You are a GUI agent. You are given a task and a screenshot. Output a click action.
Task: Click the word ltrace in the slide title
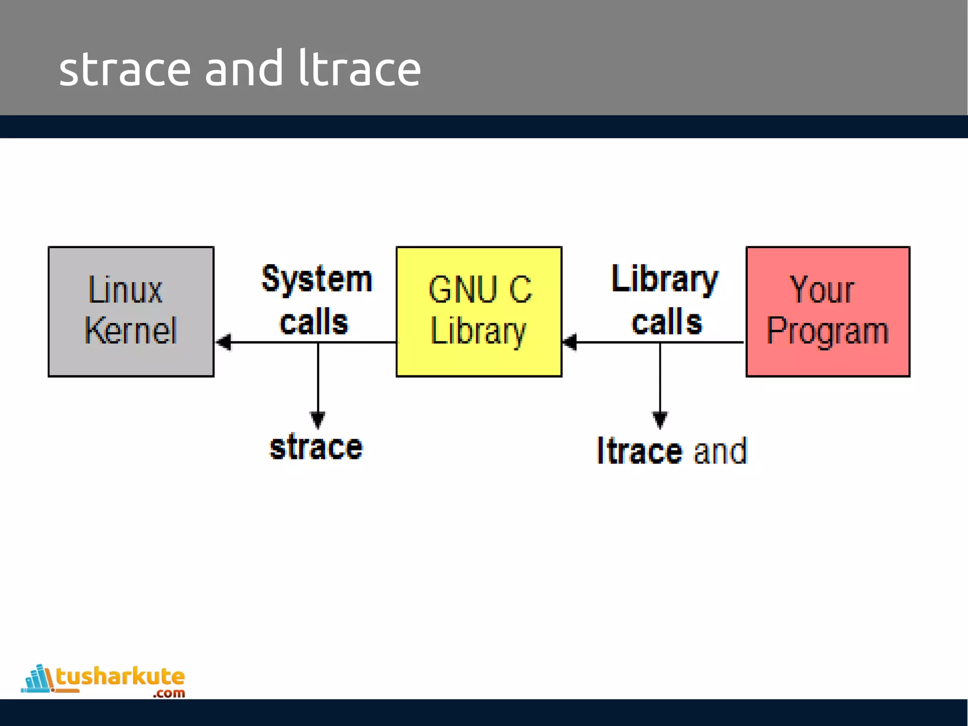pyautogui.click(x=359, y=70)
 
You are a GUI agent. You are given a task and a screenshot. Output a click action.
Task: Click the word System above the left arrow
pyautogui.click(x=317, y=279)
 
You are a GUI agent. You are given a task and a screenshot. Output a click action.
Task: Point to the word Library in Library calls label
pyautogui.click(x=665, y=279)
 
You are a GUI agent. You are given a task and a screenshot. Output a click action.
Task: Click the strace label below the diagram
pyautogui.click(x=316, y=447)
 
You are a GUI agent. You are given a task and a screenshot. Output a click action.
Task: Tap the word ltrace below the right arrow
pyautogui.click(x=639, y=451)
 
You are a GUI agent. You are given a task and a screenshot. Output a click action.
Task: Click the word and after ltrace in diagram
pyautogui.click(x=720, y=451)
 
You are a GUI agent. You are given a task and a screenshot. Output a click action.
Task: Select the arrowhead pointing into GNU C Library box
pyautogui.click(x=570, y=342)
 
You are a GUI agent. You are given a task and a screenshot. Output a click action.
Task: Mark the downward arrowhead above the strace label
pyautogui.click(x=318, y=419)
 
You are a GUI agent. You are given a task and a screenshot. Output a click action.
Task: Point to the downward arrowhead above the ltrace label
pyautogui.click(x=660, y=419)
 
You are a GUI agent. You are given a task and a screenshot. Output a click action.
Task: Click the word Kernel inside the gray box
pyautogui.click(x=130, y=330)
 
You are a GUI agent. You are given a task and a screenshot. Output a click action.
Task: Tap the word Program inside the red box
pyautogui.click(x=827, y=330)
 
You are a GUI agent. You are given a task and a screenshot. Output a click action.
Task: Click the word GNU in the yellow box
pyautogui.click(x=462, y=289)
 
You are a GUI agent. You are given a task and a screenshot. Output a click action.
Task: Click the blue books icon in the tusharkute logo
pyautogui.click(x=38, y=679)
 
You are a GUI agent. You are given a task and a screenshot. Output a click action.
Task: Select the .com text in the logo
pyautogui.click(x=169, y=693)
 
